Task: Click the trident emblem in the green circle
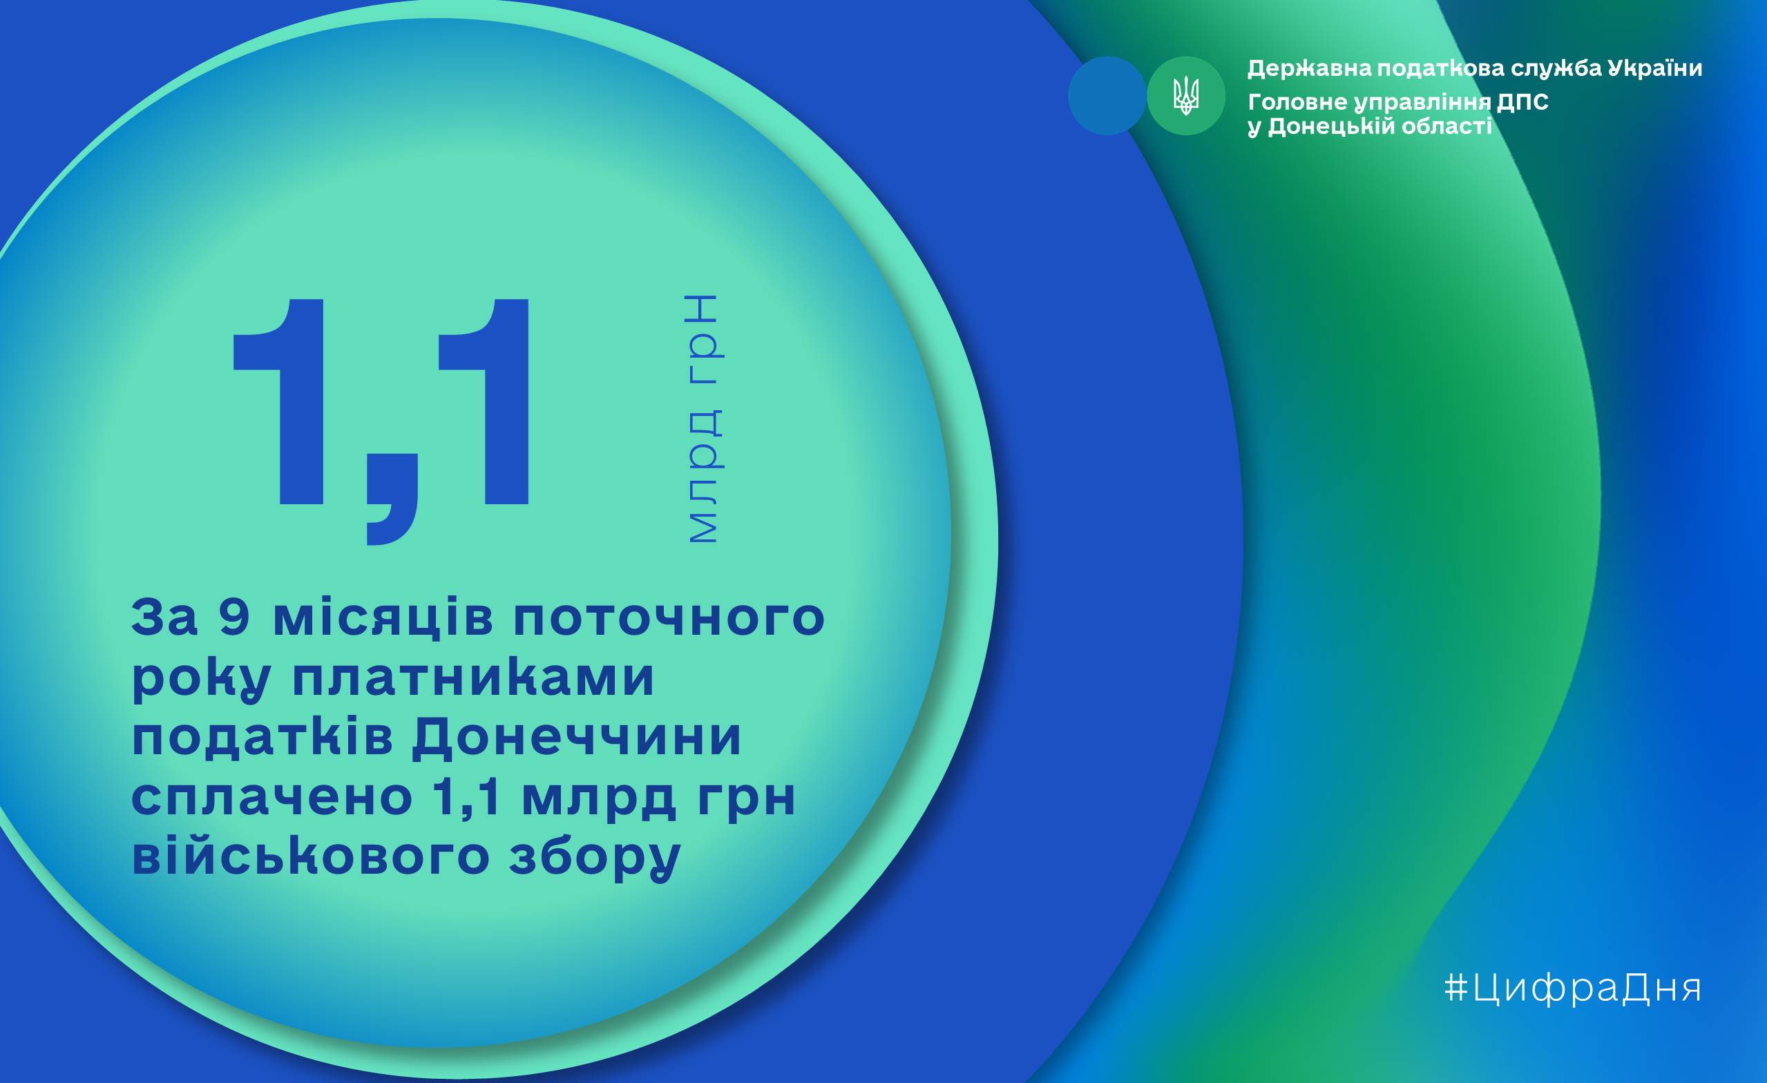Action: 1185,96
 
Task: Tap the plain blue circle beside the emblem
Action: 1107,96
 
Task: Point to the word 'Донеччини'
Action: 577,739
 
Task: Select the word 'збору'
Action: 595,858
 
